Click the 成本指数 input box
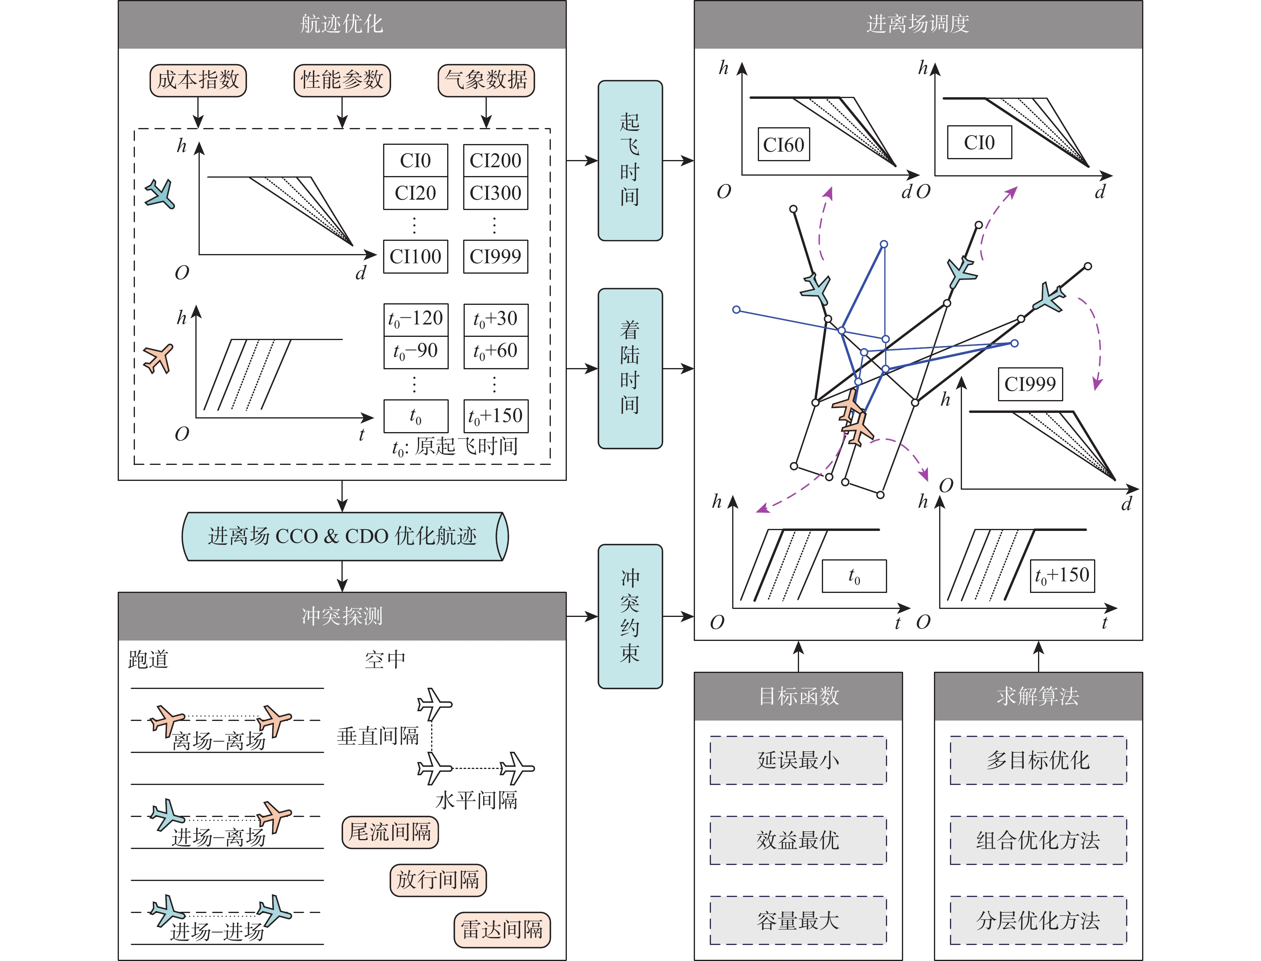pos(198,80)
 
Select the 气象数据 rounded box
pos(486,80)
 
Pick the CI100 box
pos(415,257)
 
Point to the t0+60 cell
pos(495,351)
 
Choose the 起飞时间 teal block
pos(630,160)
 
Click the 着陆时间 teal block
pos(630,368)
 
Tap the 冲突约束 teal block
pos(630,616)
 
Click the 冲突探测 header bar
pos(342,616)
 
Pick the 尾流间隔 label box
pos(390,832)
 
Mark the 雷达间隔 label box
pos(502,929)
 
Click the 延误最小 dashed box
pos(798,760)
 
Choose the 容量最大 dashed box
pos(798,920)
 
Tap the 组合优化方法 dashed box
pos(1038,840)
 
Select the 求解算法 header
pos(1038,696)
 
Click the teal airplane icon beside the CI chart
pos(160,194)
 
